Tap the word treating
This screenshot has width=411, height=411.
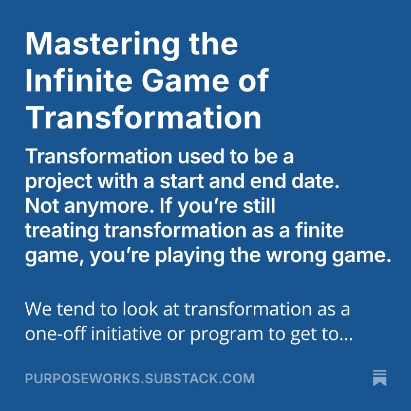tap(62, 231)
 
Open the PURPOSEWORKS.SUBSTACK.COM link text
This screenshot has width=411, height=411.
tap(140, 379)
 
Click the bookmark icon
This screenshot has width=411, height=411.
tap(380, 377)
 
